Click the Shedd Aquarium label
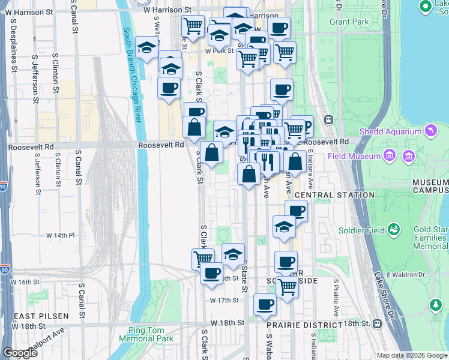pyautogui.click(x=390, y=131)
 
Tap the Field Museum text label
pyautogui.click(x=354, y=157)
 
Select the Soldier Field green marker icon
pyautogui.click(x=394, y=229)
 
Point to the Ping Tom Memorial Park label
pyautogui.click(x=151, y=334)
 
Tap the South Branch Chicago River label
pyautogui.click(x=132, y=75)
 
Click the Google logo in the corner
pyautogui.click(x=20, y=353)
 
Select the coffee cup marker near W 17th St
pyautogui.click(x=265, y=305)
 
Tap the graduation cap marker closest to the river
pyautogui.click(x=146, y=49)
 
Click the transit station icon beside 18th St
pyautogui.click(x=377, y=324)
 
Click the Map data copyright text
pyautogui.click(x=411, y=355)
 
